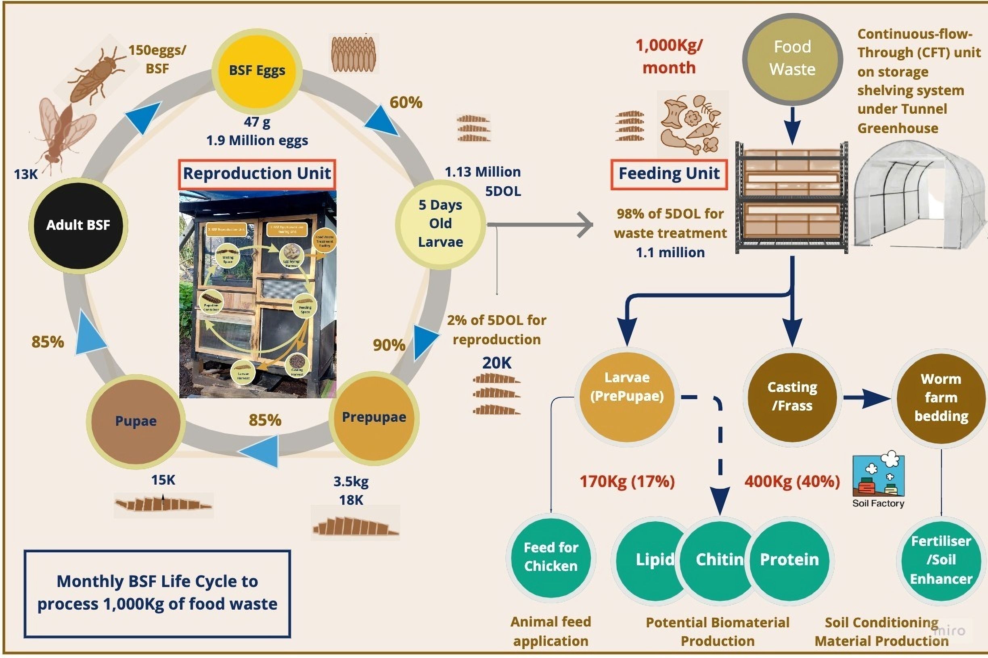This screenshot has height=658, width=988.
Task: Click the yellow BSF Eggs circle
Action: pos(257,71)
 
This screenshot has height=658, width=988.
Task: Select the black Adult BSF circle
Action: pos(78,225)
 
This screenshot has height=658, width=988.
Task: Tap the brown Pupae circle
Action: pos(136,421)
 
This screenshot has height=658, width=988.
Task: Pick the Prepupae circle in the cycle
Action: pos(374,418)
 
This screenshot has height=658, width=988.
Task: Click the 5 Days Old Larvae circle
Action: pos(440,224)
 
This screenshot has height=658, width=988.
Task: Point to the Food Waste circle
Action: pos(792,58)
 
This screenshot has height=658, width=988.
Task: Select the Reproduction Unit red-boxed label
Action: pos(257,174)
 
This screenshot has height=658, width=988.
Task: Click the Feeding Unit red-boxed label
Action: pos(669,174)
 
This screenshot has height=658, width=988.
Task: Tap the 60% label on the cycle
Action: pos(406,102)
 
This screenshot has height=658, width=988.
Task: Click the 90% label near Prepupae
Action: pos(389,345)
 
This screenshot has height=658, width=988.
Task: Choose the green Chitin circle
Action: pos(719,559)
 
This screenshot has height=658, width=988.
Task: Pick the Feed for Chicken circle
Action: pos(551,556)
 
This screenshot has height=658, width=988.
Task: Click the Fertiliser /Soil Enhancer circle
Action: pos(941,560)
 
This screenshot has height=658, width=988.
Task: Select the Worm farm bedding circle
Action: pos(941,398)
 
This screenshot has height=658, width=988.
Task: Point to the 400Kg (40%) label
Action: pos(792,481)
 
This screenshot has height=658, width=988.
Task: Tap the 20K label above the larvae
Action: pos(496,363)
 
